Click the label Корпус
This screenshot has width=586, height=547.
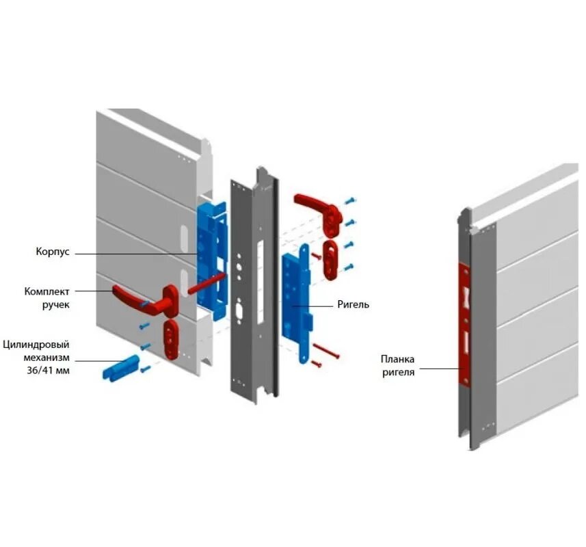53,252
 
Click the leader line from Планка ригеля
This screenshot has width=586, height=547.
437,369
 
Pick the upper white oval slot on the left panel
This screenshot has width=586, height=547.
183,237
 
